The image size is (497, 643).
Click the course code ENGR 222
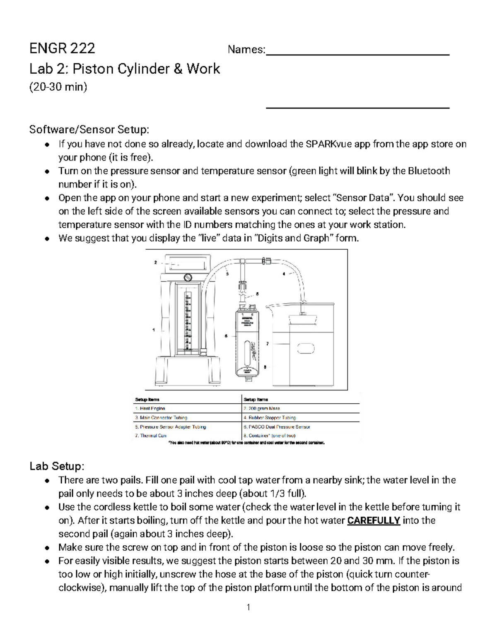click(x=62, y=48)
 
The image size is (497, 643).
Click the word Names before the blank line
click(x=246, y=50)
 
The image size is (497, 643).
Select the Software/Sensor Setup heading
click(x=88, y=130)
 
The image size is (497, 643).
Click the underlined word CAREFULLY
click(x=374, y=520)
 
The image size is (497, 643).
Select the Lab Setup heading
click(x=57, y=466)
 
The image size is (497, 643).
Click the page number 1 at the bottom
click(x=248, y=607)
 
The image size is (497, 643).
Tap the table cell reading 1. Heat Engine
click(x=150, y=408)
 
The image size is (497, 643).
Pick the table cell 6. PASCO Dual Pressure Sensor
click(x=277, y=426)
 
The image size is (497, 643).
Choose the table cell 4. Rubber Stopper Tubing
click(x=270, y=417)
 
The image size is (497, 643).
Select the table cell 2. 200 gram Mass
click(x=262, y=408)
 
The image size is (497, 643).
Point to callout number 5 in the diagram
click(x=257, y=294)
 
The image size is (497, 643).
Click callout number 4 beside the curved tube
click(x=284, y=274)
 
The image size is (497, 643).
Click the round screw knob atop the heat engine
click(x=188, y=277)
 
